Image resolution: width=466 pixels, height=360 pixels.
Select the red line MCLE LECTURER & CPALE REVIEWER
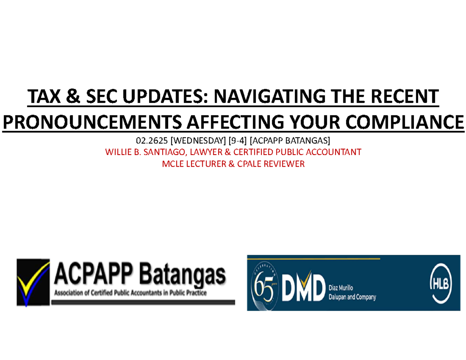[233, 164]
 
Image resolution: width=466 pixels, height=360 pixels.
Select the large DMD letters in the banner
[303, 289]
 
